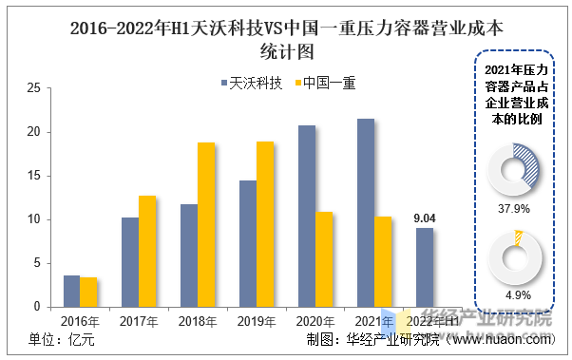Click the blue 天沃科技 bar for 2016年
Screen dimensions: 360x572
pos(71,291)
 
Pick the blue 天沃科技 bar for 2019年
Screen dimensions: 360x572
pos(247,243)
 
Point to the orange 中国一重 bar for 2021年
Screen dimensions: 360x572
pos(382,261)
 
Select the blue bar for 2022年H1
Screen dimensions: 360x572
pos(424,267)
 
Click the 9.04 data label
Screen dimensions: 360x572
pos(424,218)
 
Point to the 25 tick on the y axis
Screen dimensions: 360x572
pos(32,88)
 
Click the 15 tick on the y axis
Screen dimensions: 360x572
pos(32,176)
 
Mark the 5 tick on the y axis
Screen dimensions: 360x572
pos(35,263)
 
